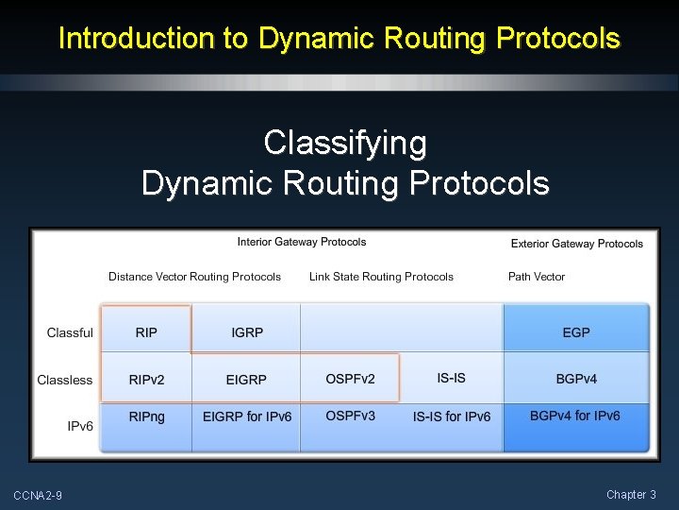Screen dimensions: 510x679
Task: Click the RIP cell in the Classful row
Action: click(x=146, y=332)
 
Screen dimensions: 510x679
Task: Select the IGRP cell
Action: click(x=247, y=332)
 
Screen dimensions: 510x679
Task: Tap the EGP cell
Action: click(x=576, y=332)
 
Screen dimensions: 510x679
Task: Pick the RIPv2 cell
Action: click(x=146, y=380)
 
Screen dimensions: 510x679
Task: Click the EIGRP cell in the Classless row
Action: click(x=246, y=380)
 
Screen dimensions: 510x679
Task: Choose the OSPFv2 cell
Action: click(x=350, y=379)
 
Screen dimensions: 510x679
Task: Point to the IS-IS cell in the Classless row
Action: click(x=451, y=378)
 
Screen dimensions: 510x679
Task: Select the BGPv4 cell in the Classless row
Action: click(x=576, y=379)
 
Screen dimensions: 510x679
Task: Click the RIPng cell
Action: click(x=146, y=416)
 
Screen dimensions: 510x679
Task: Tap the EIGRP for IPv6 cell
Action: click(x=247, y=416)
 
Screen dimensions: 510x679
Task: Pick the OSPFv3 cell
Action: click(x=350, y=416)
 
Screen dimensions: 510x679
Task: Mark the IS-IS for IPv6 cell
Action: click(x=452, y=416)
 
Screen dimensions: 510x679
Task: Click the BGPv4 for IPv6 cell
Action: click(x=575, y=416)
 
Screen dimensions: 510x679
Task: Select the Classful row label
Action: click(x=70, y=332)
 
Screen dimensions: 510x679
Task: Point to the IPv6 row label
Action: click(x=80, y=426)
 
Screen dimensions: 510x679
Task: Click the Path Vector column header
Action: click(x=537, y=277)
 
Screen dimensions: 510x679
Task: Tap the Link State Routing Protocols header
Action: click(x=381, y=277)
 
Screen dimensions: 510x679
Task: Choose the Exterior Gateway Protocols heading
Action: click(x=577, y=244)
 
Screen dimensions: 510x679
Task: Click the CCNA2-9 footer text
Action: click(x=38, y=495)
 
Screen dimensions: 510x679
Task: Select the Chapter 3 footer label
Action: click(x=631, y=494)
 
